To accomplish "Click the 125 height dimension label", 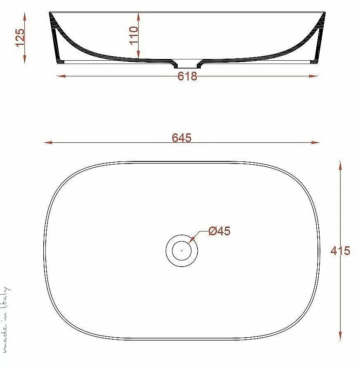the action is [20, 38].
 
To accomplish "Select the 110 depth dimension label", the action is [134, 35].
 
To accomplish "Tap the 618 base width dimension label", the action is [187, 76].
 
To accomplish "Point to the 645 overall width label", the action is [181, 138].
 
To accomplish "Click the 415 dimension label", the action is [340, 251].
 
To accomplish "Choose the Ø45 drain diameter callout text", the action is [219, 231].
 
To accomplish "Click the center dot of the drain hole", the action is [182, 251].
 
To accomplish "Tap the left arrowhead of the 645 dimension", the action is [48, 142].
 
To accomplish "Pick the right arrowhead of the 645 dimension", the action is [315, 142].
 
